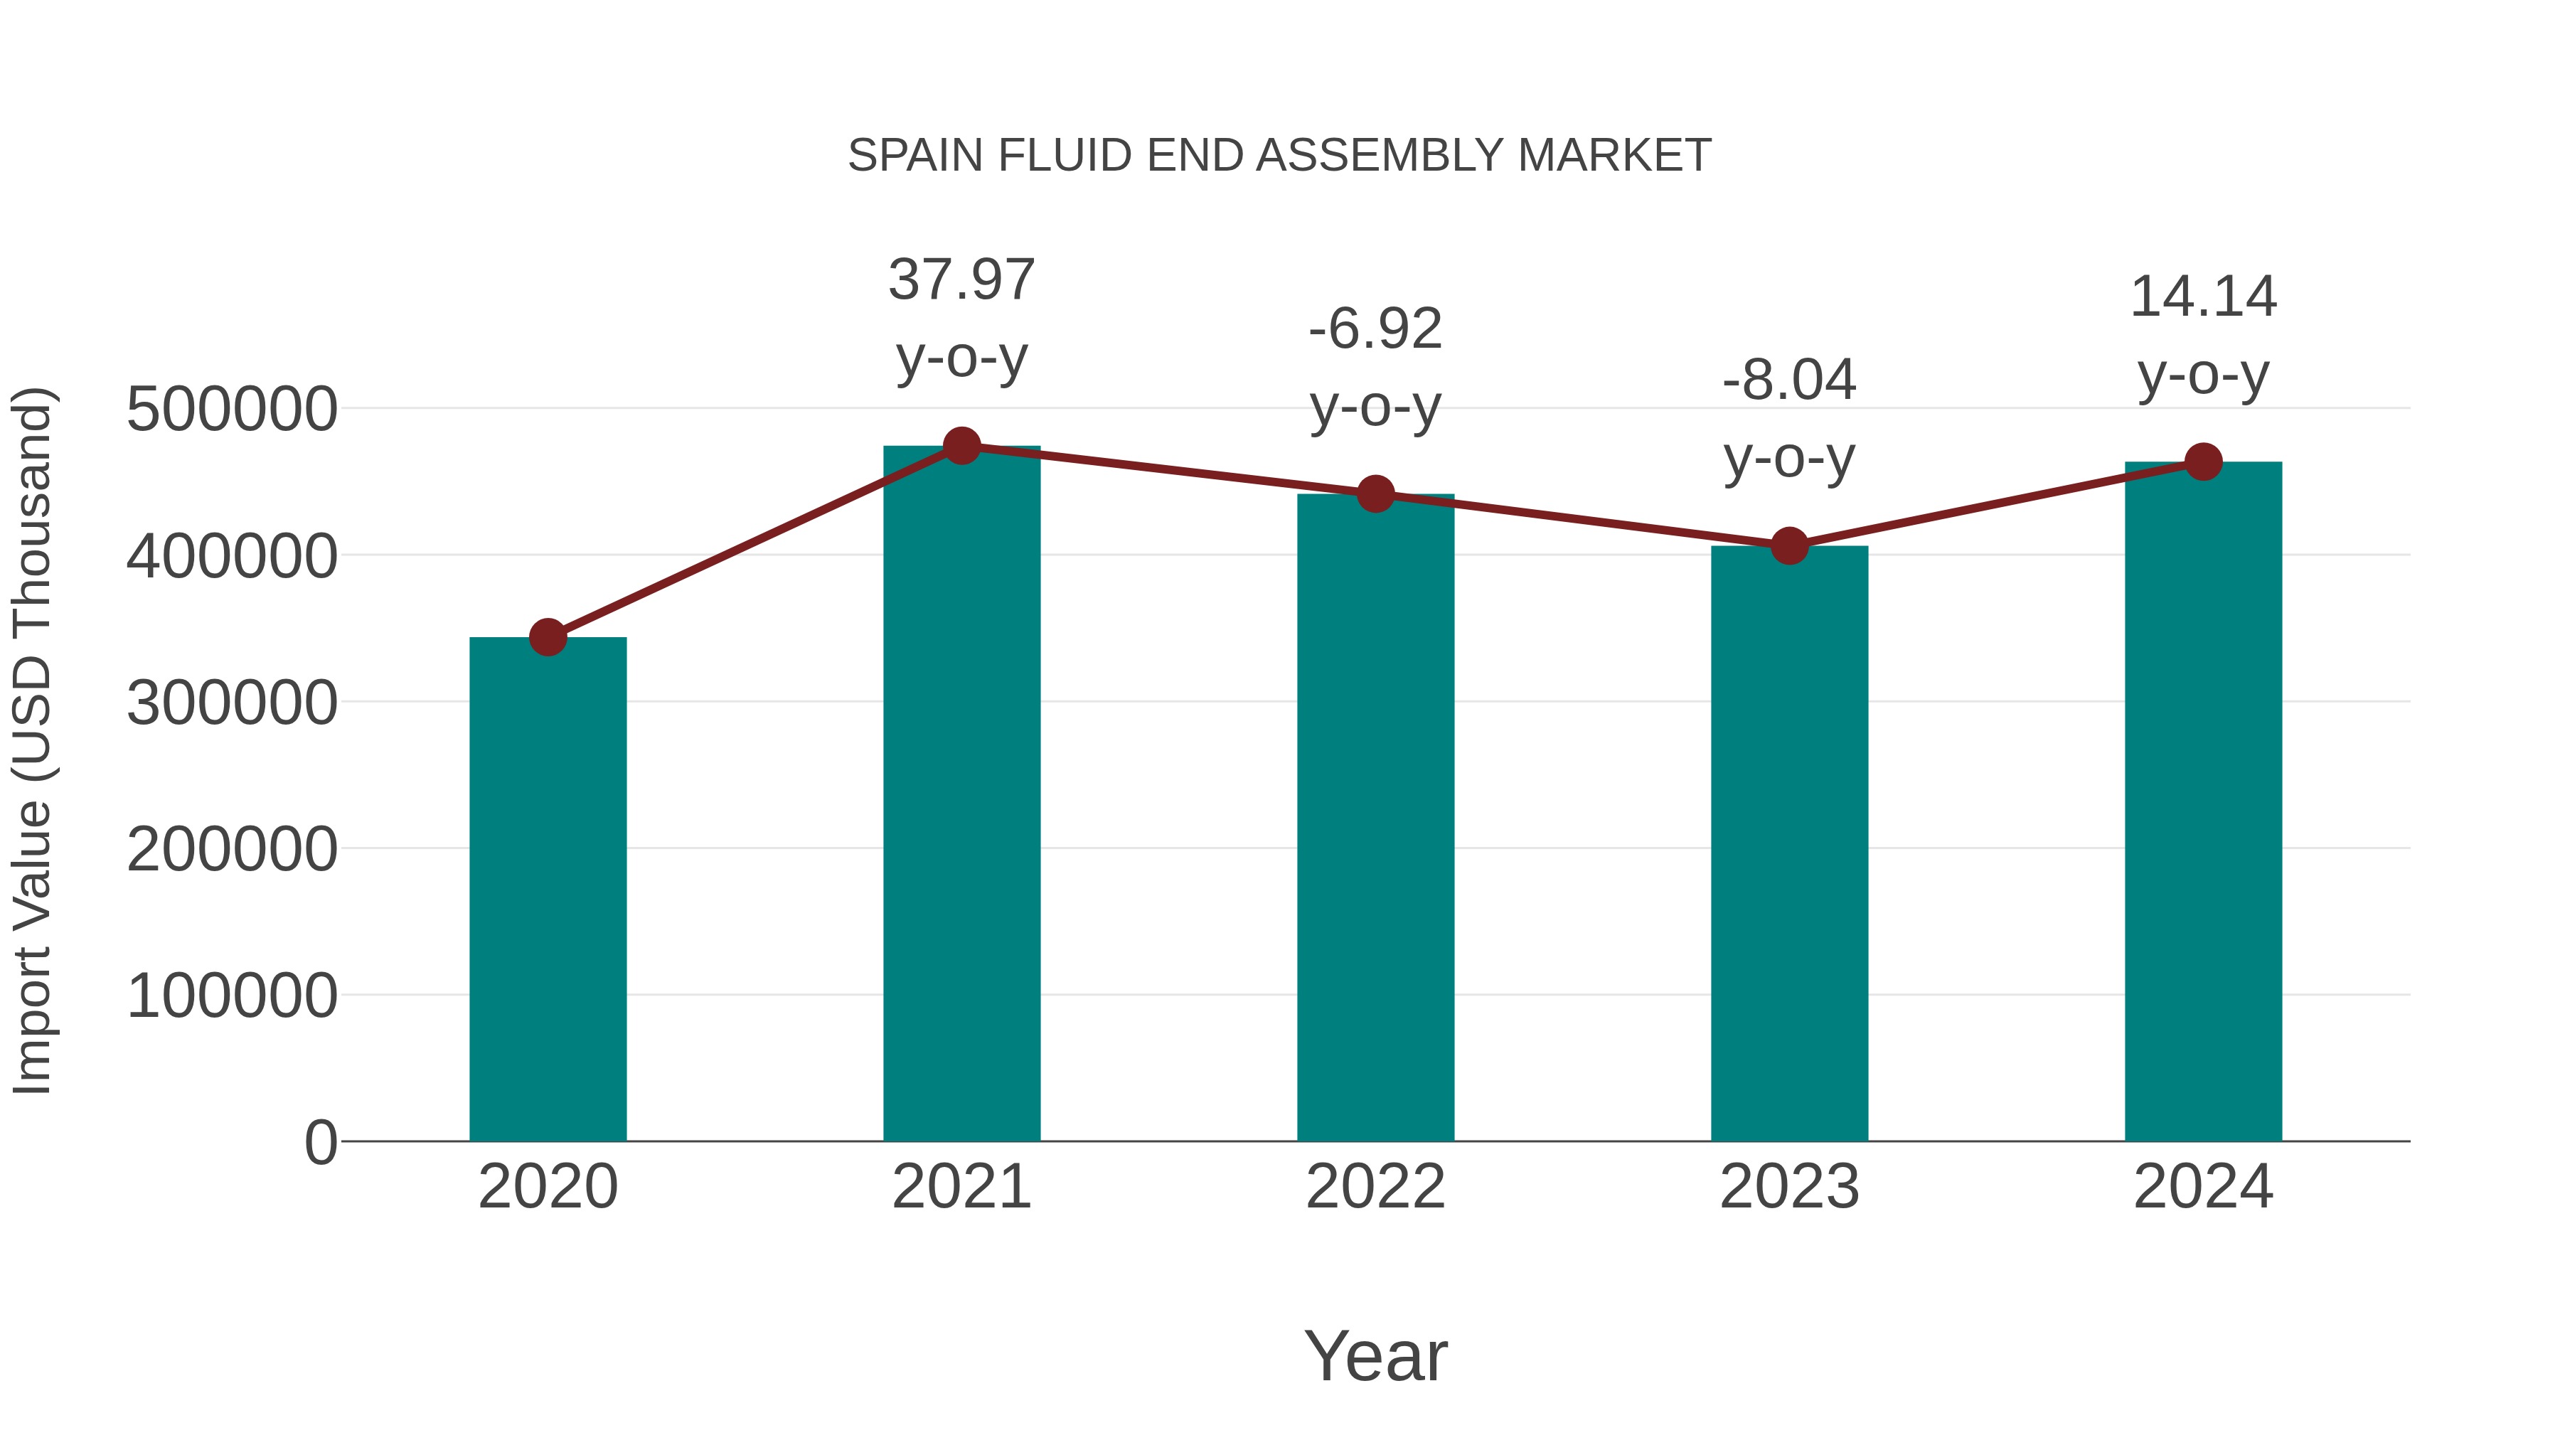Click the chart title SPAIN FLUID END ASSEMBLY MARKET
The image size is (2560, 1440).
pyautogui.click(x=1279, y=156)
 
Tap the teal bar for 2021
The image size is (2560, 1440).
pyautogui.click(x=961, y=795)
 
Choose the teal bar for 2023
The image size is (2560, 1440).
pyautogui.click(x=1789, y=845)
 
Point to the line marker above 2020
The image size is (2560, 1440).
pyautogui.click(x=548, y=637)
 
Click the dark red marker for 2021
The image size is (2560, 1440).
pyautogui.click(x=961, y=446)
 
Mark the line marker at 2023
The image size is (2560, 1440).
pyautogui.click(x=1789, y=545)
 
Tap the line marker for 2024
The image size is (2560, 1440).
pyautogui.click(x=2203, y=461)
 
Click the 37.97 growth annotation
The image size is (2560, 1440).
pyautogui.click(x=961, y=280)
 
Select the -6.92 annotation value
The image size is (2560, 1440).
pyautogui.click(x=1375, y=330)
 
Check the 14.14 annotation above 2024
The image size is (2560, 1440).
pyautogui.click(x=2203, y=297)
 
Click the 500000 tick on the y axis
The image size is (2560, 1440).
pyautogui.click(x=232, y=410)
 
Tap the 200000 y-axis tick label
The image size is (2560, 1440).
pyautogui.click(x=232, y=850)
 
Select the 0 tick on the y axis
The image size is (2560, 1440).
pyautogui.click(x=320, y=1143)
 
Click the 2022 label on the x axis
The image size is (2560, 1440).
pyautogui.click(x=1375, y=1187)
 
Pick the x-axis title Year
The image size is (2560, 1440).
pyautogui.click(x=1375, y=1355)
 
